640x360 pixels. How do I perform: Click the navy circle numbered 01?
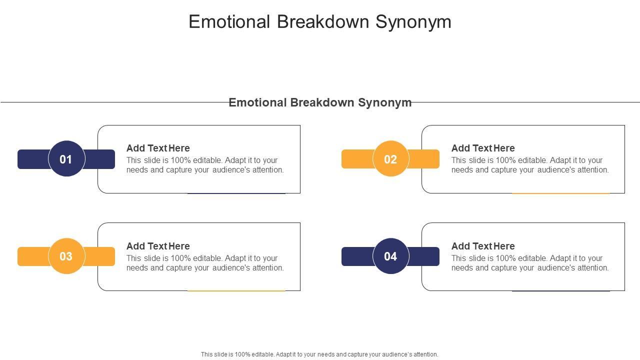point(66,158)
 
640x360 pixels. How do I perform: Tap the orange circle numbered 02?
point(391,158)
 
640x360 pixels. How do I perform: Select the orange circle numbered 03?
point(66,256)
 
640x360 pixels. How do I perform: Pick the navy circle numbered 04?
point(391,256)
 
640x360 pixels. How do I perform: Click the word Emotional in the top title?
point(229,21)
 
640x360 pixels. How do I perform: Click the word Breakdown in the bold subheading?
point(322,102)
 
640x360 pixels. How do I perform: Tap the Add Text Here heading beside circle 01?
point(158,148)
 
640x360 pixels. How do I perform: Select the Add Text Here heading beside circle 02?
point(483,148)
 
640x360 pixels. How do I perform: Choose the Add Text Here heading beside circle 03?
point(158,246)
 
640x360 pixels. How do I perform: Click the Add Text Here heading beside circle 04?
point(483,246)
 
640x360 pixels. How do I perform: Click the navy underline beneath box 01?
point(236,193)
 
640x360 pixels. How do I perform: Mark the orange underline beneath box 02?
point(561,193)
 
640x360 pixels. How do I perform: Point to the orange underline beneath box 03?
point(236,291)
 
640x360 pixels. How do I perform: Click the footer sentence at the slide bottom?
point(319,354)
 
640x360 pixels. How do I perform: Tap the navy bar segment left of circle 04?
point(357,256)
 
